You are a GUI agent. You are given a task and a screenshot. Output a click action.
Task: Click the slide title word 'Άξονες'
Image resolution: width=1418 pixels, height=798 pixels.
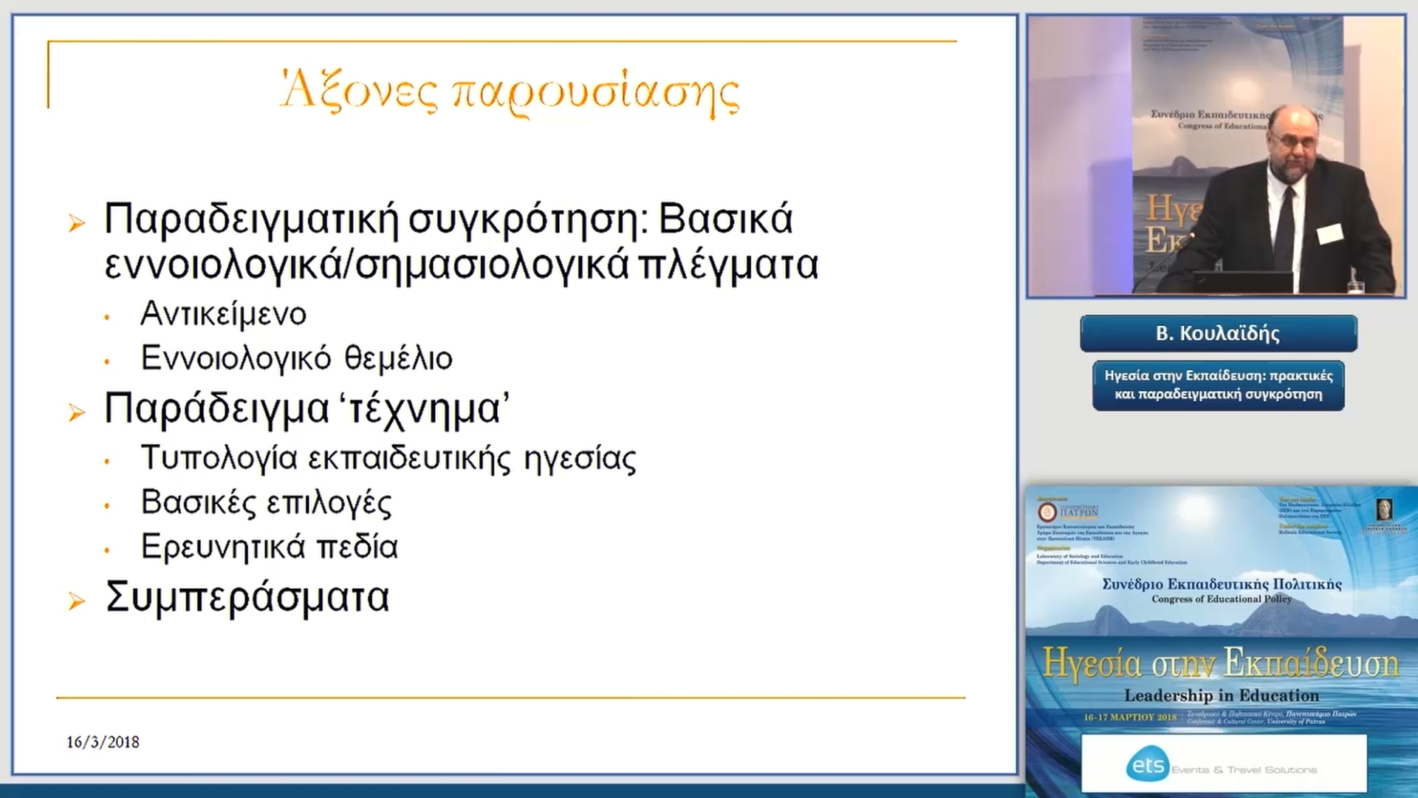(x=359, y=92)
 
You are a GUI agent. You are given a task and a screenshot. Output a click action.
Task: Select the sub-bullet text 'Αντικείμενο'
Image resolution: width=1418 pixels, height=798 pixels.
(x=223, y=314)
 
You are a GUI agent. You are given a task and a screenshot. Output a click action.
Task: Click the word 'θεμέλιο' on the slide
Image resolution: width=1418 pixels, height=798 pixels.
(x=399, y=358)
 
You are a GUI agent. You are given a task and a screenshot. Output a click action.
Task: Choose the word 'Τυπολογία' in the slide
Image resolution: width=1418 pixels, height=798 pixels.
(x=219, y=458)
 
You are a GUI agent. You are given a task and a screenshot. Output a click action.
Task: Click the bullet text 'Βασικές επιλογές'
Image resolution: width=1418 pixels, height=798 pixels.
(x=266, y=502)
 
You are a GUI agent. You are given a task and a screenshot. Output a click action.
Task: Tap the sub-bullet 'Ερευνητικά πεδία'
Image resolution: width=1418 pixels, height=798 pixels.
(x=270, y=547)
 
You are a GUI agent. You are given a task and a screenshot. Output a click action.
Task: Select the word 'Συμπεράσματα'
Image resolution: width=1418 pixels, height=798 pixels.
(x=247, y=597)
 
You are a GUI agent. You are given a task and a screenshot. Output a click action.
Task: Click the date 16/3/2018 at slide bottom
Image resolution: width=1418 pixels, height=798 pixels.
(x=103, y=742)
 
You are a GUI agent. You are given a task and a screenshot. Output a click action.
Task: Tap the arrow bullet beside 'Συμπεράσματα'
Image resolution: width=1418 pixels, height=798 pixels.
(x=76, y=601)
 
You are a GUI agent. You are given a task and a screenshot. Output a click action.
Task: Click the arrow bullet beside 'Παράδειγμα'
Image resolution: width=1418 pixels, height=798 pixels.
(x=76, y=412)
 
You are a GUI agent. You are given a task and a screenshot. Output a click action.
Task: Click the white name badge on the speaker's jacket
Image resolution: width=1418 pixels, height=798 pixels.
(x=1329, y=233)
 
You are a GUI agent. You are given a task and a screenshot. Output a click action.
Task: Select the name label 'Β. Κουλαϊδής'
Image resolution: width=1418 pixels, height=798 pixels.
(x=1218, y=334)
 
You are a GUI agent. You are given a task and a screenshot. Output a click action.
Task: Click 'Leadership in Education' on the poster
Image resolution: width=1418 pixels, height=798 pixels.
(x=1221, y=695)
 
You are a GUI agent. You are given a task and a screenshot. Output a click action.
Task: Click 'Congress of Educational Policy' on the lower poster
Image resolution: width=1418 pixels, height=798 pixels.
(x=1222, y=598)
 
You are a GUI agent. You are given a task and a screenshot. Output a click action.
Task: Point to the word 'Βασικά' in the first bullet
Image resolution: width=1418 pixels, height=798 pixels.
(x=725, y=219)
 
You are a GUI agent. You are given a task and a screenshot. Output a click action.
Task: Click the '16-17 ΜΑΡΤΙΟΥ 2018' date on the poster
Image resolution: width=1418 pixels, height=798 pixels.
(x=1130, y=717)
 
